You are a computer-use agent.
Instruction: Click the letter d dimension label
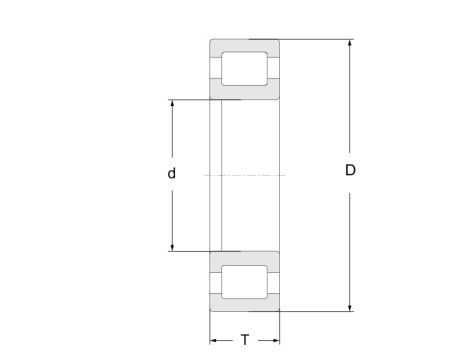(x=172, y=174)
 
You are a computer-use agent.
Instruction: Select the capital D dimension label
(x=350, y=170)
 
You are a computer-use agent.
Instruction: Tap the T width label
(x=244, y=340)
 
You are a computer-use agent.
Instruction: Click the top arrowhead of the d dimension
(x=172, y=104)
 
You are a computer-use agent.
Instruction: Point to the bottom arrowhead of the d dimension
(x=172, y=246)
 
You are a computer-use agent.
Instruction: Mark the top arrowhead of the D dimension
(x=350, y=44)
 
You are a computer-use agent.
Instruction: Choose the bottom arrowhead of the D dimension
(x=350, y=306)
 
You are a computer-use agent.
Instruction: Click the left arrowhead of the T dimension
(x=213, y=340)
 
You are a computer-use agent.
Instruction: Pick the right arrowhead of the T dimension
(x=274, y=340)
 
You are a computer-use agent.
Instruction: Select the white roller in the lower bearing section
(x=243, y=281)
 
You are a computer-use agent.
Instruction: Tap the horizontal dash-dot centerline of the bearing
(x=245, y=175)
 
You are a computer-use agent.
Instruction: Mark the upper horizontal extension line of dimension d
(x=190, y=99)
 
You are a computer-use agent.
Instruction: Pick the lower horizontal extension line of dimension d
(x=190, y=251)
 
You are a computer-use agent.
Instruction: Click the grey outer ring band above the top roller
(x=243, y=45)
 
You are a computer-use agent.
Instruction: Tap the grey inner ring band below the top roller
(x=243, y=93)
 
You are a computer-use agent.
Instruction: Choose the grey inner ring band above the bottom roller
(x=243, y=257)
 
